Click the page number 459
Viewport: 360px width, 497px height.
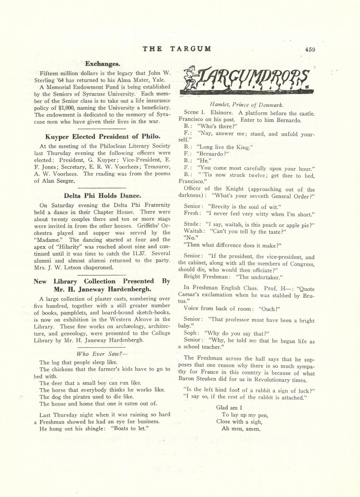(310, 49)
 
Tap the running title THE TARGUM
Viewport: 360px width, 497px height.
(177, 49)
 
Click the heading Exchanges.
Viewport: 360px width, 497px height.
(102, 64)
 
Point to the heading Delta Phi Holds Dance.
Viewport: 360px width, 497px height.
(102, 195)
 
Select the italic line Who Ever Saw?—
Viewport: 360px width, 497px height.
(102, 354)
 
